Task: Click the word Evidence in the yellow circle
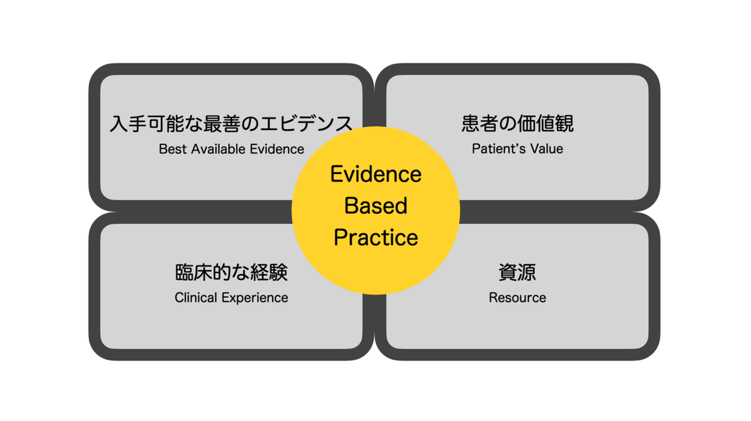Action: (376, 174)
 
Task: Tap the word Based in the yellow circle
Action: (376, 205)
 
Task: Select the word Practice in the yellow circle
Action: (376, 237)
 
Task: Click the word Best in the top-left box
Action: (172, 149)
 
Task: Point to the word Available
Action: (218, 149)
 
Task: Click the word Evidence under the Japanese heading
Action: (277, 149)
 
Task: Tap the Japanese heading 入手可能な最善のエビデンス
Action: (232, 123)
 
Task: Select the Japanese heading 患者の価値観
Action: (518, 123)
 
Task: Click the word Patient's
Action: (494, 149)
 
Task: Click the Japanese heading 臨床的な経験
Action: (232, 272)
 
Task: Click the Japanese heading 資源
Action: (518, 272)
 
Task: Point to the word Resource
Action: (518, 298)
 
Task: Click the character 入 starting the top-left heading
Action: (119, 124)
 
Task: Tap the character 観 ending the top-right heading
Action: (565, 123)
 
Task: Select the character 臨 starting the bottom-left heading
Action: (184, 272)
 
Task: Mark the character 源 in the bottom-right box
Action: (527, 272)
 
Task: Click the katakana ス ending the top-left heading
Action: (344, 124)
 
